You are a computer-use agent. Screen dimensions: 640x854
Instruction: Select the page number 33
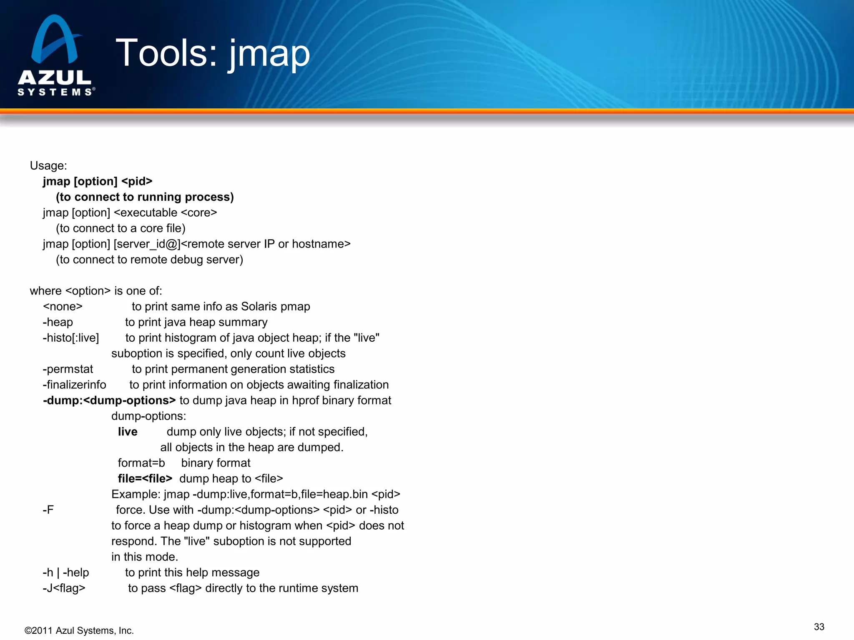click(819, 627)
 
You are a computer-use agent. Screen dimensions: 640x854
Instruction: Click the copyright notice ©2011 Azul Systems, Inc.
click(79, 630)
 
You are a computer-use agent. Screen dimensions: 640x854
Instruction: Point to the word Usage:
click(48, 165)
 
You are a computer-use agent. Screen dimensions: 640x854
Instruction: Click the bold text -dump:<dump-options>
click(109, 400)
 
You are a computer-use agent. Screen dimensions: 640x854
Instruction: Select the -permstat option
click(68, 369)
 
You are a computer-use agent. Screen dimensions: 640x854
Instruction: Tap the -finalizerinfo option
click(74, 385)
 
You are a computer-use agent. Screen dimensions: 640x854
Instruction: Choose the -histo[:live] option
click(71, 338)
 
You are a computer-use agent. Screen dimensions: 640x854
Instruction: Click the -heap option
click(58, 322)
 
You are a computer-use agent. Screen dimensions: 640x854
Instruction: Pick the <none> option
click(63, 307)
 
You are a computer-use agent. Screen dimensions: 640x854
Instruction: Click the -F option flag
click(48, 510)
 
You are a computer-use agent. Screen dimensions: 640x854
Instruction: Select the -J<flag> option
click(64, 588)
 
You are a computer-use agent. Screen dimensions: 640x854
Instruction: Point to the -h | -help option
click(65, 572)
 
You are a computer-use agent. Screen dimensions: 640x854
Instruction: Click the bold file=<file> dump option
click(145, 479)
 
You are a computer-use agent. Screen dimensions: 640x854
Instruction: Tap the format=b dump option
click(141, 463)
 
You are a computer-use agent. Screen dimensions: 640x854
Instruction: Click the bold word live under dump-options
click(128, 432)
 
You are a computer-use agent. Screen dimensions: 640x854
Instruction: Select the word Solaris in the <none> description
click(259, 307)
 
